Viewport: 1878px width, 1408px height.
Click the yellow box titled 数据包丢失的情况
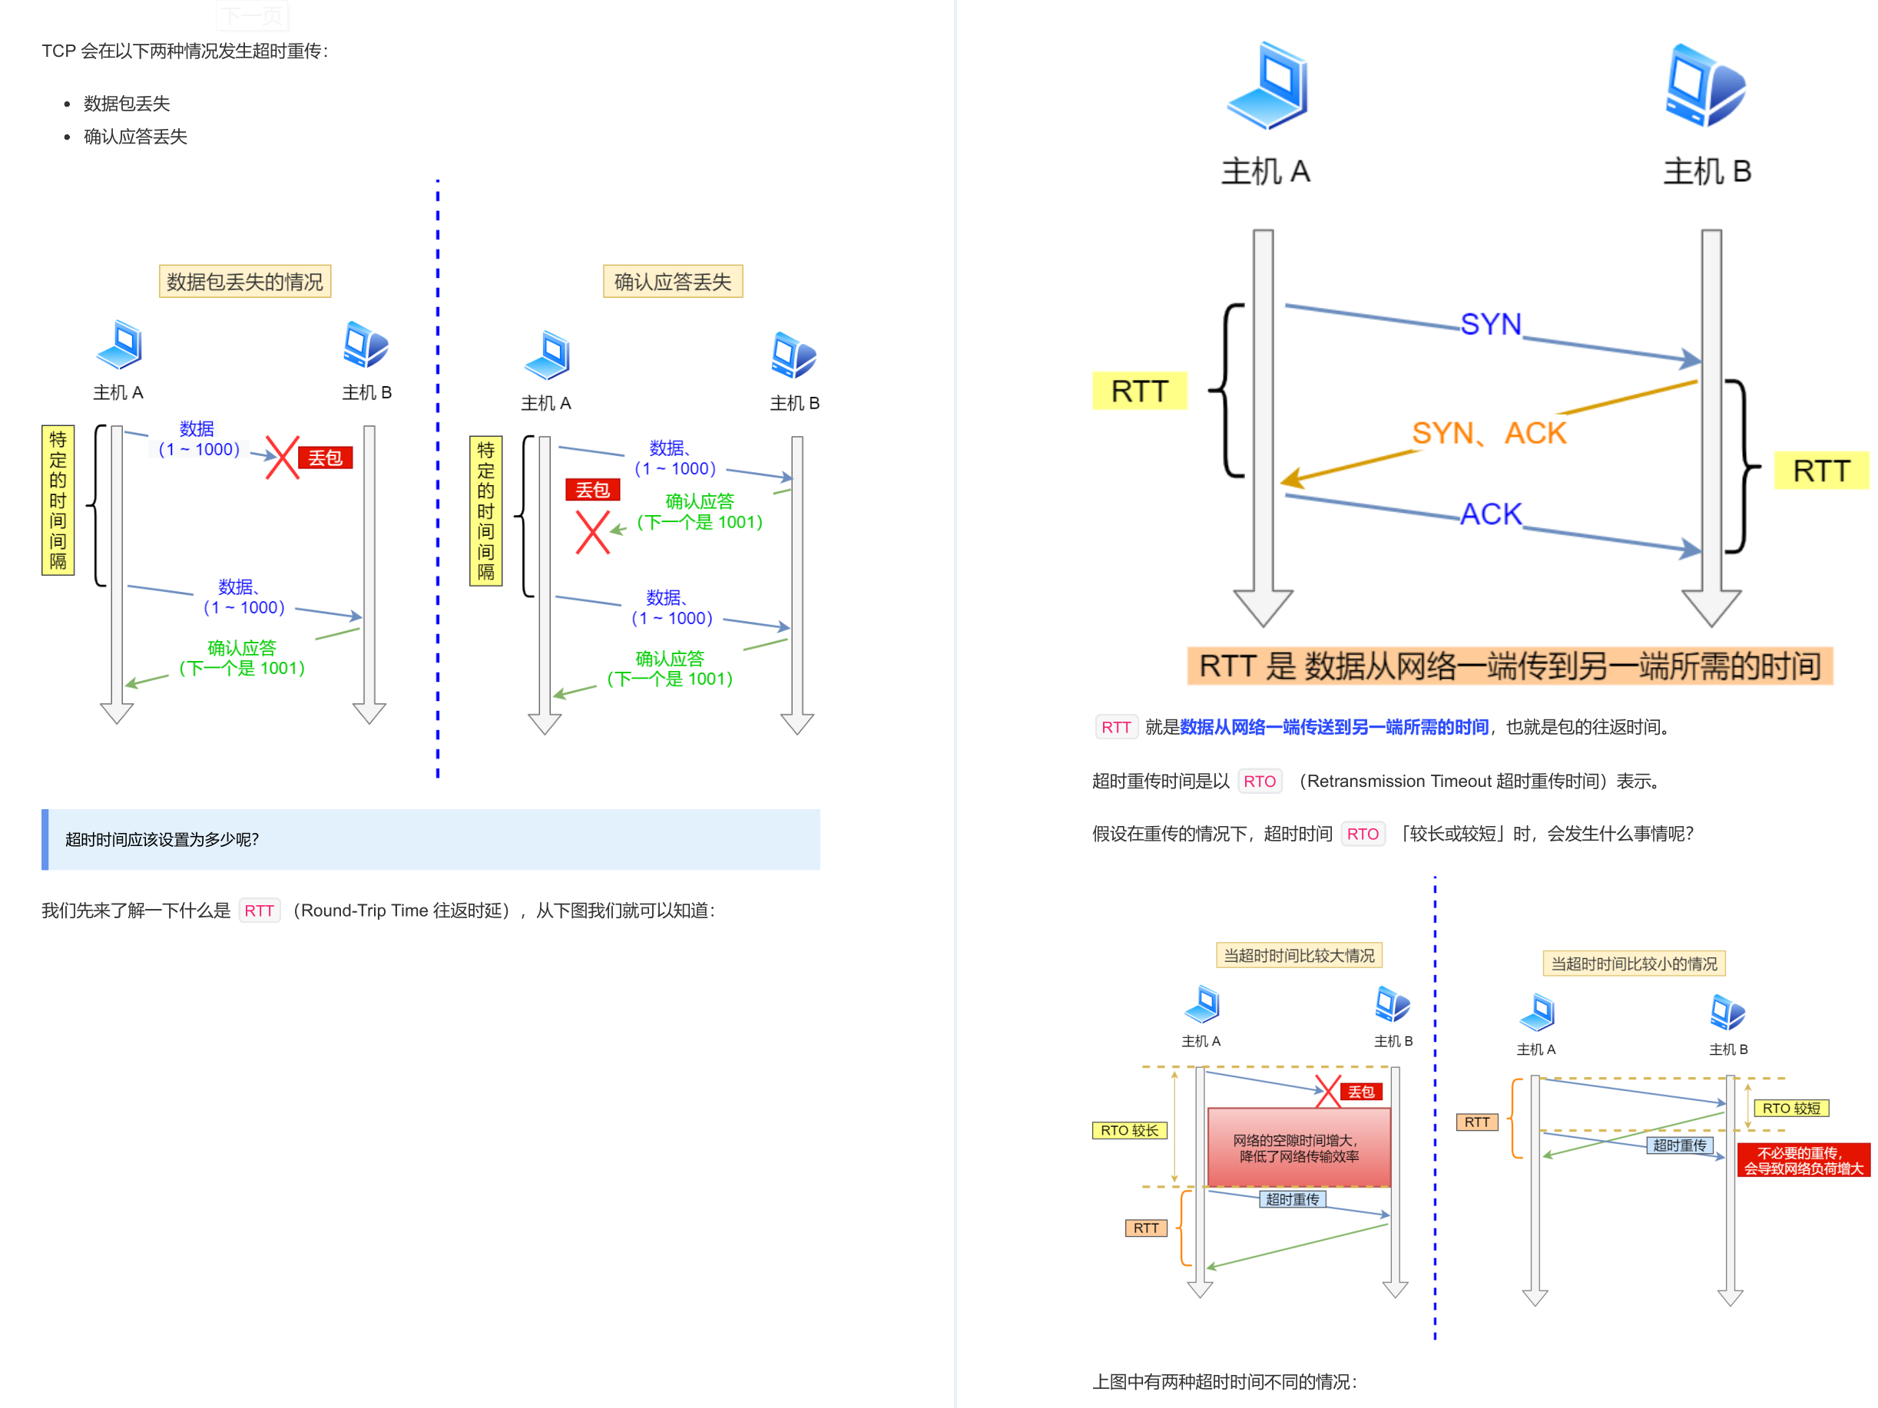click(x=244, y=282)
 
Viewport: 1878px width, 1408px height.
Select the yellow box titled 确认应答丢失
click(x=672, y=282)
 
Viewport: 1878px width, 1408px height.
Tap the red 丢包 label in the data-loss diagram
click(x=325, y=458)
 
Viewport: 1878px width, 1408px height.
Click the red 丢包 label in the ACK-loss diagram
click(x=593, y=490)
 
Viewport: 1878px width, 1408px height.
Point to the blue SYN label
click(x=1490, y=324)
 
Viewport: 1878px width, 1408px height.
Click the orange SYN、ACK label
click(x=1489, y=434)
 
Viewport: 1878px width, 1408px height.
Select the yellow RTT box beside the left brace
click(x=1139, y=392)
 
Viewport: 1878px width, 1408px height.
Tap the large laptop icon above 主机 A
click(x=1267, y=86)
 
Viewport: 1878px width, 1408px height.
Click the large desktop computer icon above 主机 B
click(x=1705, y=86)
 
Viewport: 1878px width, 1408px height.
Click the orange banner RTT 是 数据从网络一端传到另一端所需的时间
click(x=1509, y=666)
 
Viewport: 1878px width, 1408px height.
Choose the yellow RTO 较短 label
click(x=1790, y=1109)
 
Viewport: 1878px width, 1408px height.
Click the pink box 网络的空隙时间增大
click(x=1299, y=1148)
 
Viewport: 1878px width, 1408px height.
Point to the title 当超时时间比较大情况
click(x=1299, y=956)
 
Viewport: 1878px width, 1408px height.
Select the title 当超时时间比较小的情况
click(x=1634, y=964)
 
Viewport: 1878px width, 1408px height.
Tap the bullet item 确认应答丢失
click(x=135, y=137)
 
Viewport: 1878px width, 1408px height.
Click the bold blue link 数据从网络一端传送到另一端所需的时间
click(x=1333, y=727)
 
